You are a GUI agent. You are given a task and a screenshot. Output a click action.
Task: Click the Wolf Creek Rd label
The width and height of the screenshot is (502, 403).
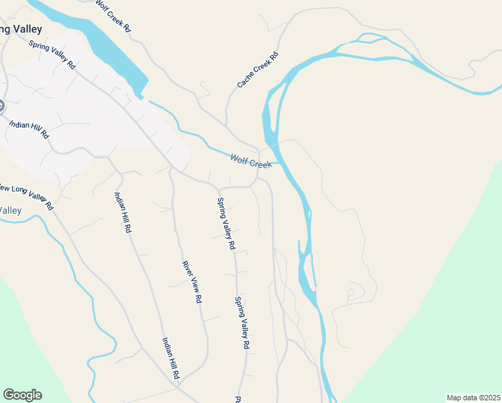click(x=112, y=17)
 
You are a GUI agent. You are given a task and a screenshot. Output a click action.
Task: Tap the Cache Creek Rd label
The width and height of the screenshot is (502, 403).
click(x=257, y=71)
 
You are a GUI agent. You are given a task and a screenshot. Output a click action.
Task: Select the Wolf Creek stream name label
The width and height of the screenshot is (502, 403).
click(x=250, y=161)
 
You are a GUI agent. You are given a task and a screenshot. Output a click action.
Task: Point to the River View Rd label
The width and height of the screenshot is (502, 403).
click(x=192, y=282)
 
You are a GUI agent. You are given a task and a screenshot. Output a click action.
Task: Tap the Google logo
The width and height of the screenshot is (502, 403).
click(x=22, y=394)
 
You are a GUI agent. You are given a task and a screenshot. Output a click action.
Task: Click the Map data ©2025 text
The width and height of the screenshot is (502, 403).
click(x=473, y=398)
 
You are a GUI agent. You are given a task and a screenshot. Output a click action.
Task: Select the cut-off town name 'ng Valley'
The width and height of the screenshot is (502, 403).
click(x=20, y=30)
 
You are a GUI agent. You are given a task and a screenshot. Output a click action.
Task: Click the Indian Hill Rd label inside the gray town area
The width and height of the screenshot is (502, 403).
click(x=29, y=129)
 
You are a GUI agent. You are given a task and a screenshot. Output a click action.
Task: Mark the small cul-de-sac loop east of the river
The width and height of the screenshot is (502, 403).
click(x=350, y=294)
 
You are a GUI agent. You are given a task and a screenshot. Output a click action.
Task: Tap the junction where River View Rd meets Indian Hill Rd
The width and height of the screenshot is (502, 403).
click(x=179, y=384)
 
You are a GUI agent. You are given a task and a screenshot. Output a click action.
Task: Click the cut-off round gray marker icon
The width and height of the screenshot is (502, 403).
click(x=1, y=105)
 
